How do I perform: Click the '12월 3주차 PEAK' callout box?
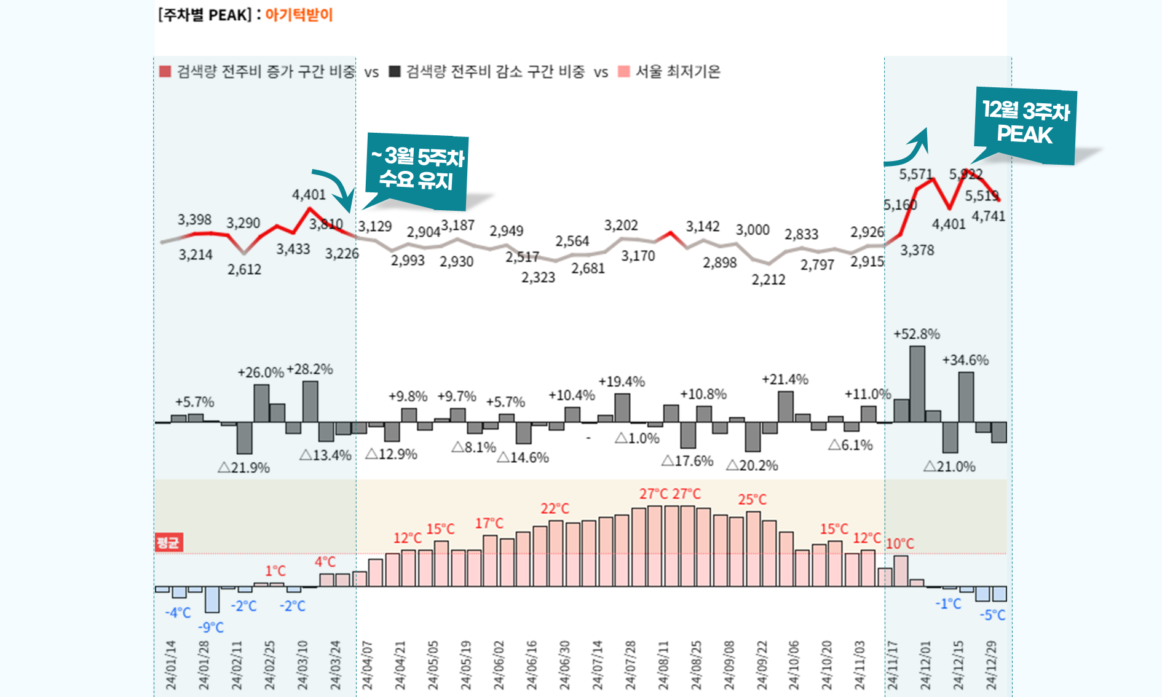1026,124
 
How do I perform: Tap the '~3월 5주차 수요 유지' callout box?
417,169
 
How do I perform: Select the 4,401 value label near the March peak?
309,195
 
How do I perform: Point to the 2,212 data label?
769,280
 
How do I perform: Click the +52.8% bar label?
916,334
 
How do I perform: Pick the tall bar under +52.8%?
917,384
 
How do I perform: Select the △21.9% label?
244,468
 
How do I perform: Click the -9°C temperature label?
211,628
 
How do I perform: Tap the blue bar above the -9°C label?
211,599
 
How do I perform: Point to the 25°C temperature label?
753,499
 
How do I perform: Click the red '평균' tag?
168,543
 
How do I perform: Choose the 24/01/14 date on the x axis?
171,665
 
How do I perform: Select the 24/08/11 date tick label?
663,665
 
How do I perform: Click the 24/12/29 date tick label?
991,665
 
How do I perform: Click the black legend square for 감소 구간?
395,72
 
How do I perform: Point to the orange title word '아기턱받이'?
299,15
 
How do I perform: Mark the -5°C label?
992,615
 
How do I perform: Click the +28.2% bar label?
310,369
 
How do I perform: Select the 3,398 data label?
194,219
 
